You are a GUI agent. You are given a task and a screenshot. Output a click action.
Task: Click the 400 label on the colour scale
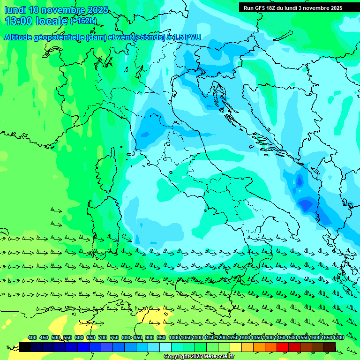pos(32,338)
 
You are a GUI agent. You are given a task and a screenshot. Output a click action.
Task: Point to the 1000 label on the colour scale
pos(174,338)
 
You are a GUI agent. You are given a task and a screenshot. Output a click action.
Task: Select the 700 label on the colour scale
pos(103,338)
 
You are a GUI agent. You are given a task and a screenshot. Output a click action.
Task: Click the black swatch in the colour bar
pos(25,347)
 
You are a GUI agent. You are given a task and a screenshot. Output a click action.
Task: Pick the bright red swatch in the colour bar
pos(283,347)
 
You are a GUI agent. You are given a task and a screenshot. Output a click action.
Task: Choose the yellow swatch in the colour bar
pos(236,347)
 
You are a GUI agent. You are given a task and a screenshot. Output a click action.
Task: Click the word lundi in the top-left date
pos(15,10)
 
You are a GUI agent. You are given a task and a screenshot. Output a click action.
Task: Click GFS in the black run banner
pos(259,8)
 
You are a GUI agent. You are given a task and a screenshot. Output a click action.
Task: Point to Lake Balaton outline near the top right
pos(283,36)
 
